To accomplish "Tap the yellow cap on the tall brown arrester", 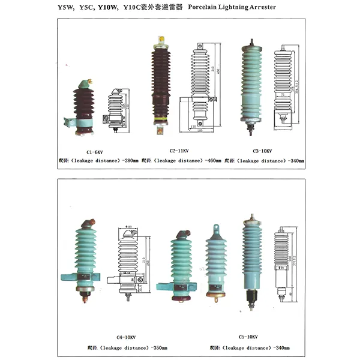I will [160, 40].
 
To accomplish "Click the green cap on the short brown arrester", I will [86, 82].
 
